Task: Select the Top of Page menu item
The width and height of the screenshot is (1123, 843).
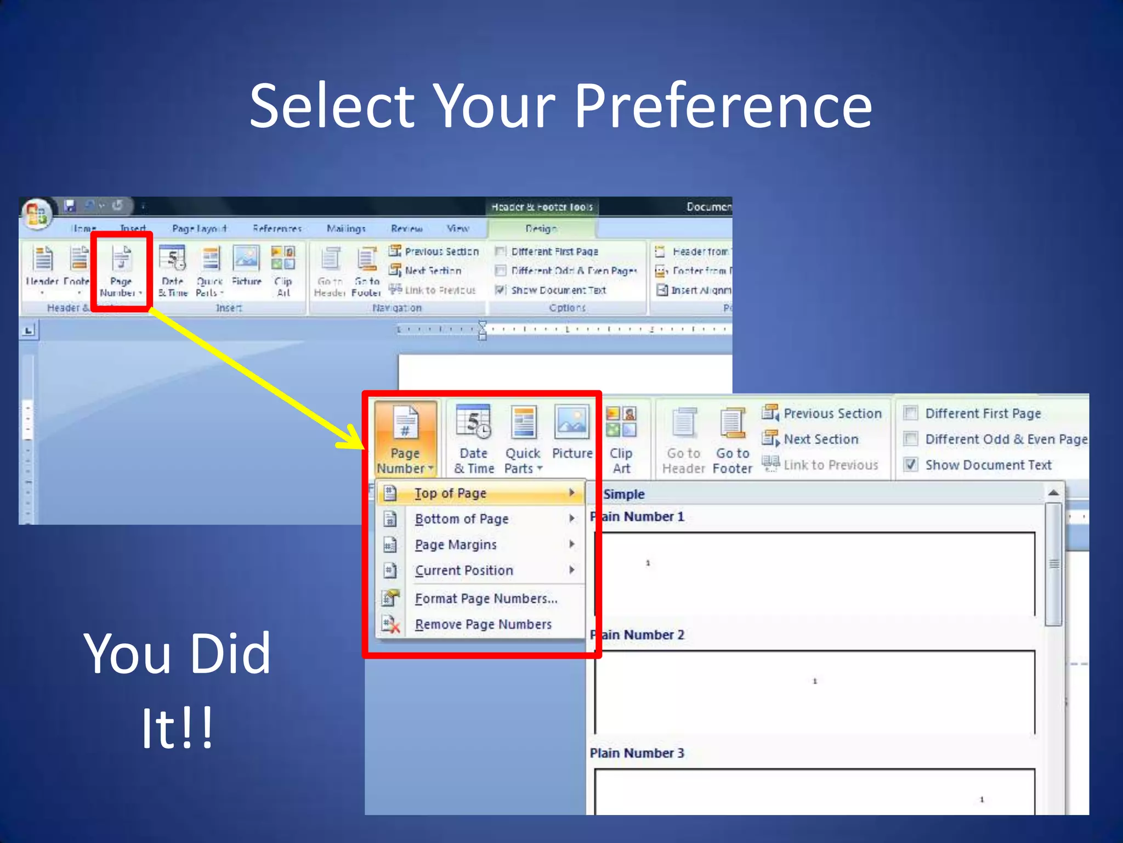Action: point(450,493)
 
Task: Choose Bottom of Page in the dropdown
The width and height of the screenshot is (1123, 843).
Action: point(462,519)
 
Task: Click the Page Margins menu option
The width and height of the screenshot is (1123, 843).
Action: point(456,544)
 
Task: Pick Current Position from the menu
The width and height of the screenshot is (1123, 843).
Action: point(464,570)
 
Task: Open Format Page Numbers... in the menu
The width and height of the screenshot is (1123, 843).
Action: point(486,598)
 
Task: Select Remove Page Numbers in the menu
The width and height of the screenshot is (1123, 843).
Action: point(483,624)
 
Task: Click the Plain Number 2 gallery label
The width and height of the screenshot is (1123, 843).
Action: point(638,635)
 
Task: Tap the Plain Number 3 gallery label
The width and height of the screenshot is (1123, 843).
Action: point(637,753)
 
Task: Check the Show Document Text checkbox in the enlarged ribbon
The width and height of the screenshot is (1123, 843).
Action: point(911,465)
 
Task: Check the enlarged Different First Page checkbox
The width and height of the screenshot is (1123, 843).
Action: point(911,413)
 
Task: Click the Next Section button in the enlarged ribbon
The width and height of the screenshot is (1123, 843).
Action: point(820,439)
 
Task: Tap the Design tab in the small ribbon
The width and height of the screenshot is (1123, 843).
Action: point(541,228)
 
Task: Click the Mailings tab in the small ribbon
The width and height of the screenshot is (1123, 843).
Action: point(346,228)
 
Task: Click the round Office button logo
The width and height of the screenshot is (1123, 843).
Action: point(37,213)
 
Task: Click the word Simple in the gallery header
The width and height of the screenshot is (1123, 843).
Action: point(624,494)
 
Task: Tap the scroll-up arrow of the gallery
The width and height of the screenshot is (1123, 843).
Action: point(1053,493)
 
